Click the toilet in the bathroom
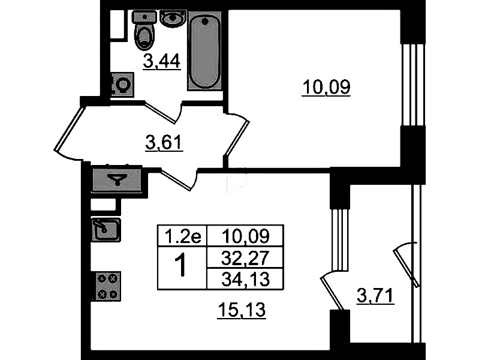click(x=144, y=31)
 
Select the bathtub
click(x=204, y=50)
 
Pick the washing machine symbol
click(x=122, y=85)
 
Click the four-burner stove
click(x=107, y=286)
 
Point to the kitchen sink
click(x=106, y=230)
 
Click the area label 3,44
click(x=162, y=62)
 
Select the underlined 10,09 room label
click(x=326, y=87)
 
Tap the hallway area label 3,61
click(x=164, y=143)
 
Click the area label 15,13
click(x=242, y=310)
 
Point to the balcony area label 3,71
click(x=375, y=296)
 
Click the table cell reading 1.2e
click(x=182, y=236)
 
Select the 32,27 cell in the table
click(x=245, y=257)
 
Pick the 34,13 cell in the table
click(x=245, y=278)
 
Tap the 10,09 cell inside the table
click(x=245, y=236)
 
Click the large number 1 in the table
click(x=182, y=266)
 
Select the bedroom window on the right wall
click(x=413, y=85)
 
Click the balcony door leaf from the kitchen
click(x=332, y=293)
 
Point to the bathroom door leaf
click(x=160, y=113)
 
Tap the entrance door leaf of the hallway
click(x=69, y=128)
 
